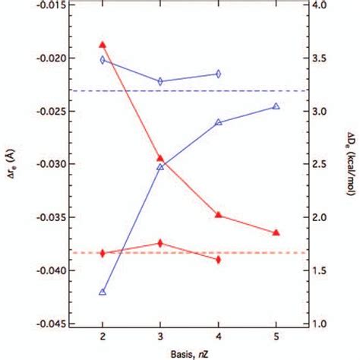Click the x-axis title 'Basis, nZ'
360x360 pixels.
[x=188, y=353]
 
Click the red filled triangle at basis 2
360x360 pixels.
[x=103, y=45]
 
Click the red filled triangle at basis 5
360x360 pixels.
[x=276, y=232]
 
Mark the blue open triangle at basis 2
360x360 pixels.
[x=103, y=292]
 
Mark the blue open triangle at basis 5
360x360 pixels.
[x=276, y=106]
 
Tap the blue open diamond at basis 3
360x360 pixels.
[x=160, y=81]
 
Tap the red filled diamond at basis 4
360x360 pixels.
[x=218, y=260]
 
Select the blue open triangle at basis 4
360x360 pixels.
[x=218, y=122]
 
